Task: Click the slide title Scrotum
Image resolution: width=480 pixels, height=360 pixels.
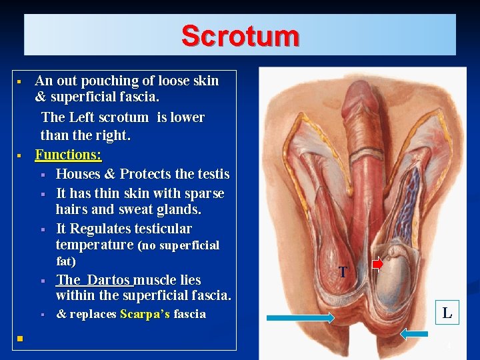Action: [x=240, y=35]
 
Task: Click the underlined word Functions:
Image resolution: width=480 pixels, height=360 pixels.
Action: [x=68, y=155]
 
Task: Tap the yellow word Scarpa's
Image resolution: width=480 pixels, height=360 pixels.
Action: [x=145, y=314]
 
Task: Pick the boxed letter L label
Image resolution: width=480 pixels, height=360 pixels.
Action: [x=447, y=312]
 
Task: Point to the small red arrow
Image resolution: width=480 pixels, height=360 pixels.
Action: [x=377, y=265]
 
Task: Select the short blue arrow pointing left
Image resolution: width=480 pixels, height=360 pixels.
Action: [x=415, y=333]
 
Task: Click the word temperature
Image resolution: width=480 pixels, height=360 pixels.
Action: [x=95, y=245]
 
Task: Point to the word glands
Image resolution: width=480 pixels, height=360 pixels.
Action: [x=179, y=209]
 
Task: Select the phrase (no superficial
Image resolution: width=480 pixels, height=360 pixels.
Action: [x=178, y=245]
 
